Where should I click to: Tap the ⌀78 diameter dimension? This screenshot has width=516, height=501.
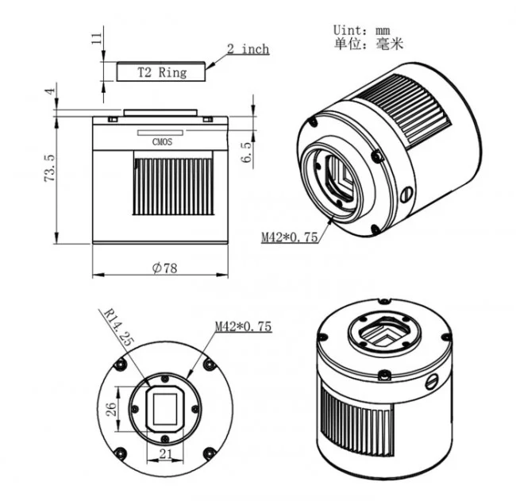164,268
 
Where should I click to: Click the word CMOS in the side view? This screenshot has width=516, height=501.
161,143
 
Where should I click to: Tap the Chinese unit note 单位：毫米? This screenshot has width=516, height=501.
368,44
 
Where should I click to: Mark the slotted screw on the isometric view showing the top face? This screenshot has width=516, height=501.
433,382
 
